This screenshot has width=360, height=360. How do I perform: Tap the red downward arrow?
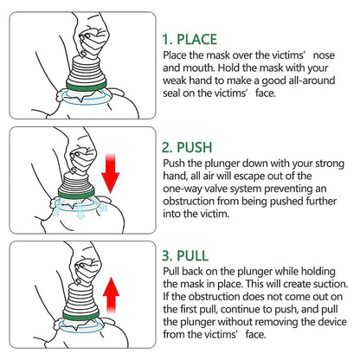pos(110,172)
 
